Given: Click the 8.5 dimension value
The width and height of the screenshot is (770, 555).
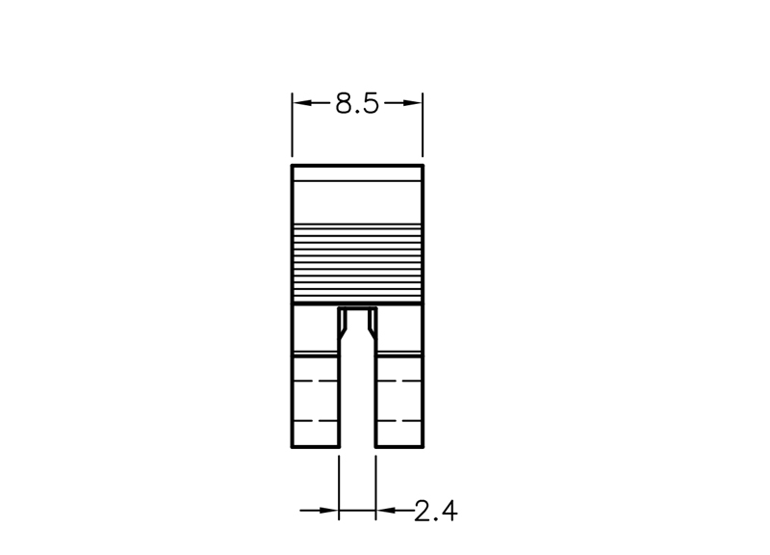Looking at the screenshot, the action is [357, 104].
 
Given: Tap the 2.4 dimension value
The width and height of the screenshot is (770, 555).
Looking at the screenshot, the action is [436, 511].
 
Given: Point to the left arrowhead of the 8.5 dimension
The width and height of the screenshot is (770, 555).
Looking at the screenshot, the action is [302, 103].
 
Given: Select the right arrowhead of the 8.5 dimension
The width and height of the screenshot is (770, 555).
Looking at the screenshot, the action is [412, 103].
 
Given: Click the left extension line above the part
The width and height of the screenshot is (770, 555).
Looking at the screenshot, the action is [293, 125].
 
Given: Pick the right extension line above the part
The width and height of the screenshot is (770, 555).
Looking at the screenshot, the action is [423, 125].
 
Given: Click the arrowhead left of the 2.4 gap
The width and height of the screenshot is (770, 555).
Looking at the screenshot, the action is [328, 511].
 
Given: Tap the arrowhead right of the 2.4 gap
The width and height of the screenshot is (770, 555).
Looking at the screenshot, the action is [386, 511].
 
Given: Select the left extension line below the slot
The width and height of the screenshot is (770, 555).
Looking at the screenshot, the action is [339, 488].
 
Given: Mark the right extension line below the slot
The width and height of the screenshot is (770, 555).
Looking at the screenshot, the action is [375, 488].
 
